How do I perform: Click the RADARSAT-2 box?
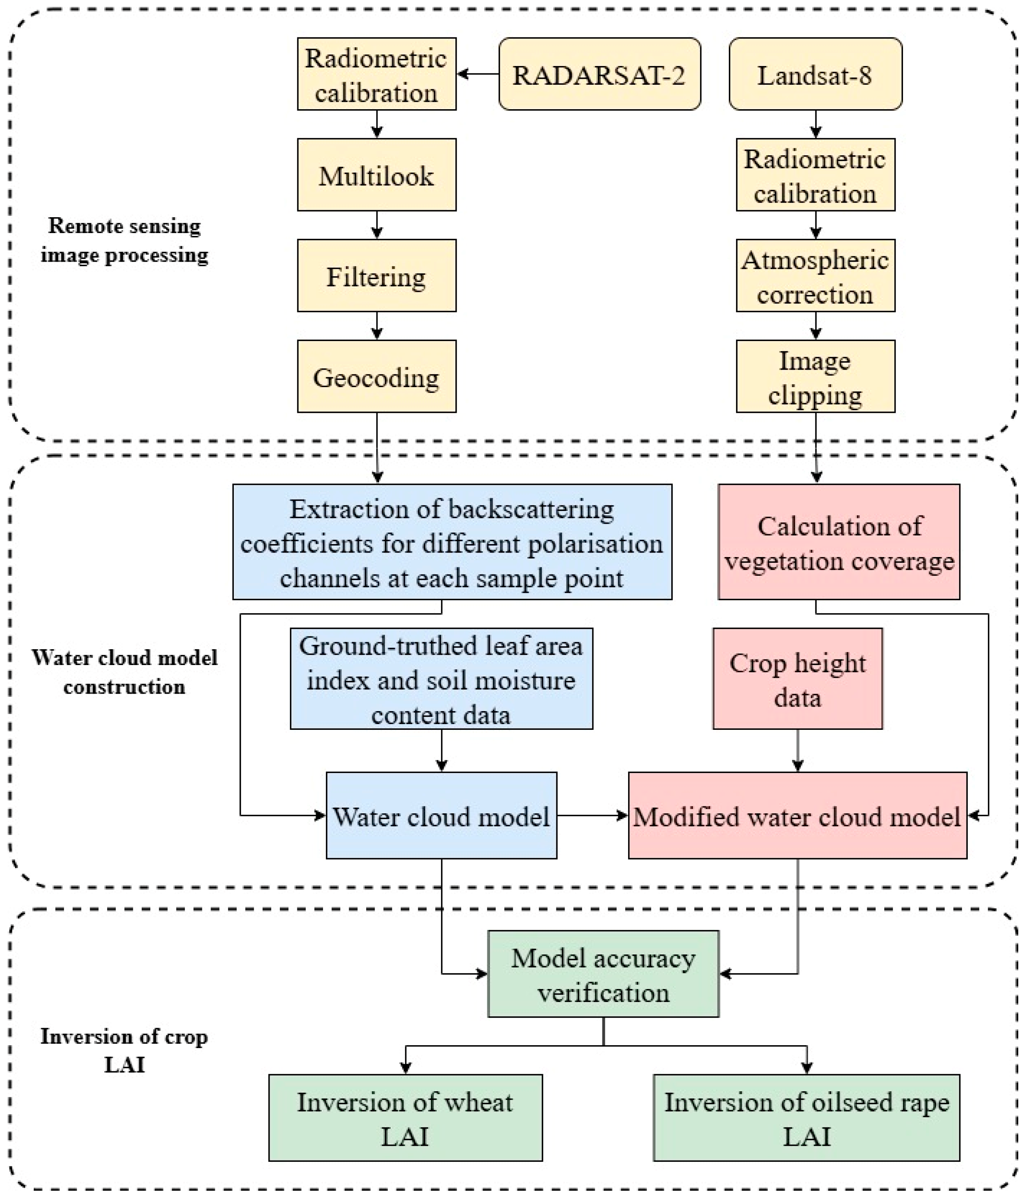(599, 74)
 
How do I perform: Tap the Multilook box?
(376, 174)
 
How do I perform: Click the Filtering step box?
(376, 275)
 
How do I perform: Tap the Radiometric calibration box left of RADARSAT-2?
(376, 74)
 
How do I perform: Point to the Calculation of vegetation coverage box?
(839, 542)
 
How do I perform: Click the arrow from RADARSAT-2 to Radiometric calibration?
(478, 74)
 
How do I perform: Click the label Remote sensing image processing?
(124, 240)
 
